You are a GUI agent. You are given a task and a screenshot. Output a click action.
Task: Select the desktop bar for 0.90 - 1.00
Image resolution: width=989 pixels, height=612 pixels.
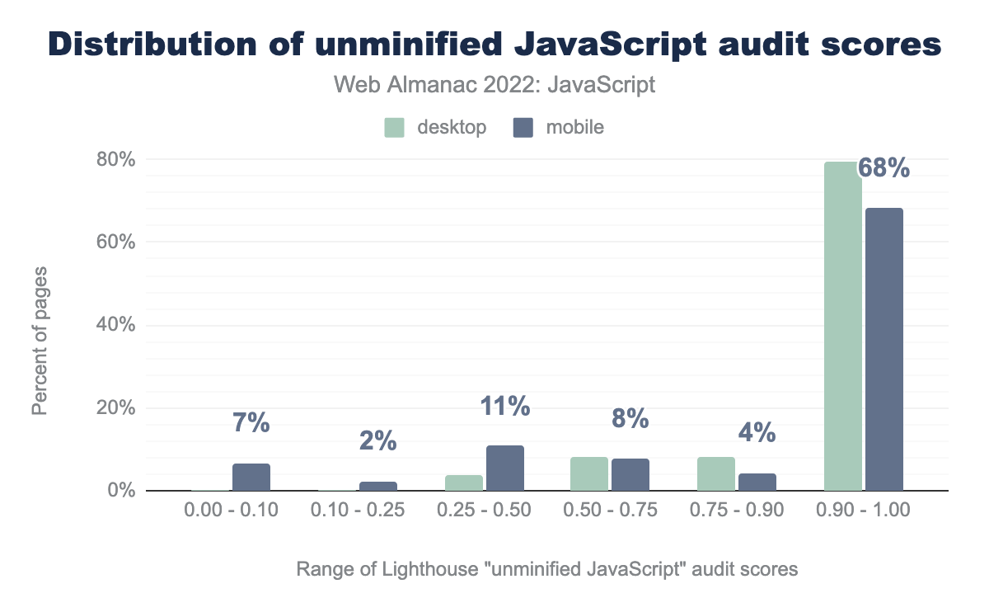(x=842, y=326)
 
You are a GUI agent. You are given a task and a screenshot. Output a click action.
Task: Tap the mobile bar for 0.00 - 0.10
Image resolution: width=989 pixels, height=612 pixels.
(x=251, y=478)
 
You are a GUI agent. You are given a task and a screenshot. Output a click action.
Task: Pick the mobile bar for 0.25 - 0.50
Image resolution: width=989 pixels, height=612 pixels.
(x=505, y=468)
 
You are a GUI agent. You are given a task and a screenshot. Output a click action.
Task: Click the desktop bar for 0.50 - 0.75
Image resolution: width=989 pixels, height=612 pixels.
(x=589, y=474)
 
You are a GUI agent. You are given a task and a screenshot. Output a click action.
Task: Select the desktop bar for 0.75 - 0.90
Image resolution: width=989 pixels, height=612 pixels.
(x=716, y=474)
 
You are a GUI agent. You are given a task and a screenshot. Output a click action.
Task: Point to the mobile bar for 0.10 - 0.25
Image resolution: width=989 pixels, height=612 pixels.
(x=378, y=487)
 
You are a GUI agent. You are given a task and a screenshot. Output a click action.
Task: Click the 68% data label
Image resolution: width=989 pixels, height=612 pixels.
(x=884, y=168)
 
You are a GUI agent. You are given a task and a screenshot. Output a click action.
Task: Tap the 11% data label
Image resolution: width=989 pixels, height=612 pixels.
(x=504, y=406)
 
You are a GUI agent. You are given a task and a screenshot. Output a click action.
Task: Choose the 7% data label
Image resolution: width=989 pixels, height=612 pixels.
(x=251, y=423)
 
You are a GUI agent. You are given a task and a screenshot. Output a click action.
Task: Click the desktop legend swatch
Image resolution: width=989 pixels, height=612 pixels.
(x=395, y=128)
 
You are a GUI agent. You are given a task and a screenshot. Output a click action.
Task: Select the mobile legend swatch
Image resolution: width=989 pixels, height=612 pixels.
(x=523, y=128)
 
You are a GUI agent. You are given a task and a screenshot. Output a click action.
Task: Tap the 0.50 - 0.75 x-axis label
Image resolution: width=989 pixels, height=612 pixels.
(x=611, y=511)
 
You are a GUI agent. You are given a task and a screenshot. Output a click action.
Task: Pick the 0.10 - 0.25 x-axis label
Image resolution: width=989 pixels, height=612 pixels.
(x=357, y=511)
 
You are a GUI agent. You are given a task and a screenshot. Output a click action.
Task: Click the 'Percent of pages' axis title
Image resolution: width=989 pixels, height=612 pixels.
(x=40, y=340)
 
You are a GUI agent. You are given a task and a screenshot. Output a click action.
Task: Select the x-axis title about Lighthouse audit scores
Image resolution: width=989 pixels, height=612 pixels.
(x=546, y=569)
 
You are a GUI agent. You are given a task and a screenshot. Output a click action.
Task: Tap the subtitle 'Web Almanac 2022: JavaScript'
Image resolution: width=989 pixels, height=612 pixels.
(x=494, y=85)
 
